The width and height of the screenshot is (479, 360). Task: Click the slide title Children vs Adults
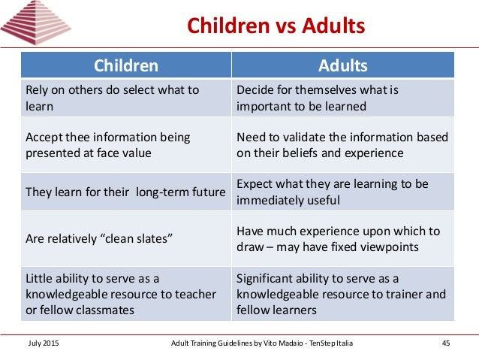276,26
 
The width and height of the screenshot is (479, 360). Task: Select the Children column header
125,65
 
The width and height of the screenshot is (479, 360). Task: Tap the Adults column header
342,65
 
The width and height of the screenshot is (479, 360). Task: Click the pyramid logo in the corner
35,23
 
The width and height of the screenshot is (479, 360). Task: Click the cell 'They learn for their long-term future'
125,192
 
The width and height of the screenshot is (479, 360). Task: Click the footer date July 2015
43,343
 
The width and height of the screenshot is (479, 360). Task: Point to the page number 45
445,343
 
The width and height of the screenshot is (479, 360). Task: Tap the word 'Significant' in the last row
262,278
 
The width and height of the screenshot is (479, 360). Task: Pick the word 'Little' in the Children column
38,278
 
